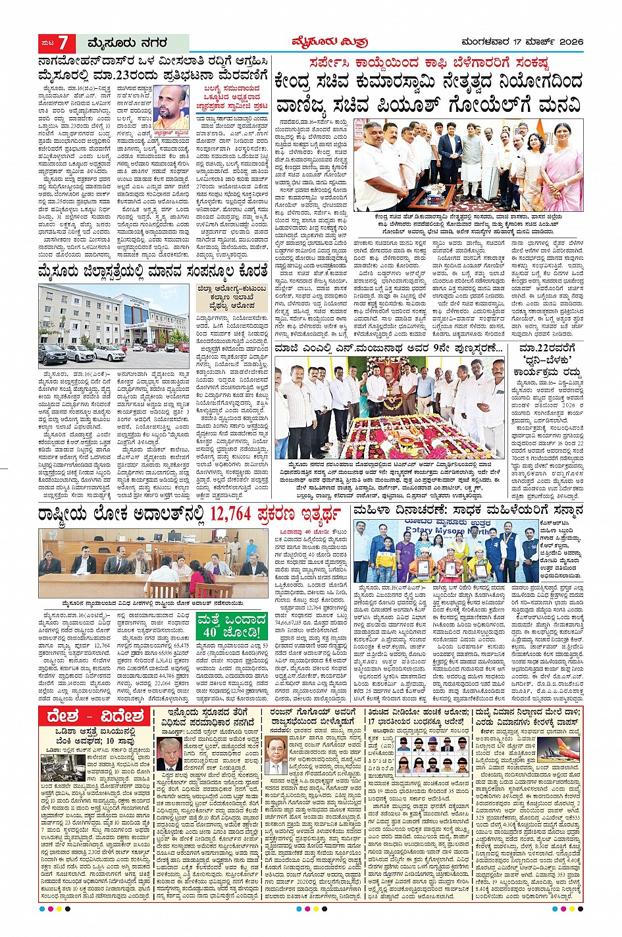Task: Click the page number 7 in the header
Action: click(63, 43)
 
